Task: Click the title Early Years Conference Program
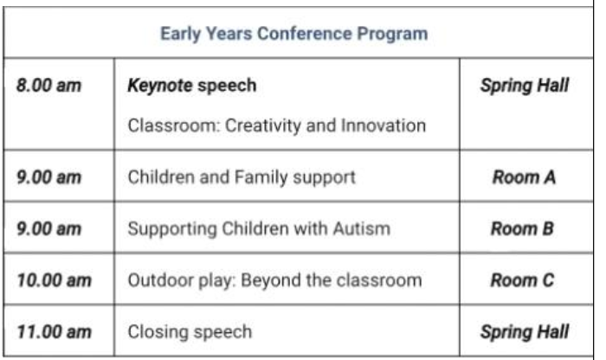[294, 34]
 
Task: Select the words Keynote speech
[192, 86]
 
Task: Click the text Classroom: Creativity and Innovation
[277, 125]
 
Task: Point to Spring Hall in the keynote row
[525, 86]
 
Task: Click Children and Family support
[242, 177]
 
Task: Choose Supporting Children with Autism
[259, 228]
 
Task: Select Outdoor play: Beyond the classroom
[274, 280]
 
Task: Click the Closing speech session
[190, 331]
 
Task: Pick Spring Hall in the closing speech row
[525, 331]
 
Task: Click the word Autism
[362, 228]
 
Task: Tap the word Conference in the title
[305, 34]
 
